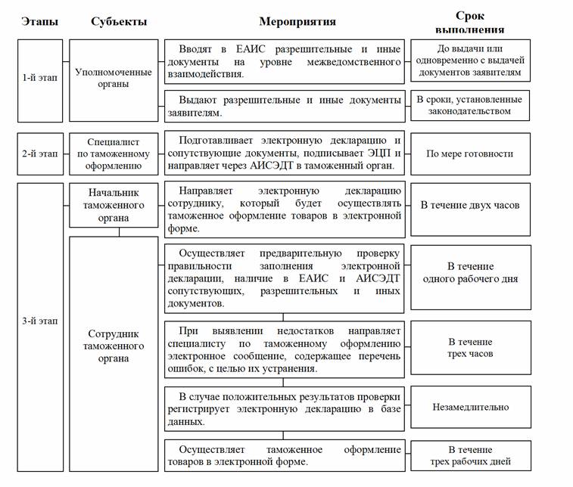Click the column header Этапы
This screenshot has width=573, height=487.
[40, 22]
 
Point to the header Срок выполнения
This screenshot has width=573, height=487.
[470, 22]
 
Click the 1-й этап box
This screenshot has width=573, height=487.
[40, 79]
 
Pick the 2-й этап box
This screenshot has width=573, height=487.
[40, 154]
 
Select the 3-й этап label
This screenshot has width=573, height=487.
[40, 321]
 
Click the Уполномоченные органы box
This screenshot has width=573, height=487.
[114, 79]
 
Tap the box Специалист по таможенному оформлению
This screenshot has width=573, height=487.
[114, 154]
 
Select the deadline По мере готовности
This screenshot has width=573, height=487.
[470, 154]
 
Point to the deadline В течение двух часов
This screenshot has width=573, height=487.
[470, 205]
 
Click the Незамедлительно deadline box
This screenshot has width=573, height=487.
[470, 407]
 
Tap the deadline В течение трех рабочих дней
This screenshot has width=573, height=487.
[470, 456]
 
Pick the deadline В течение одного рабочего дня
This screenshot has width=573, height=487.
[470, 273]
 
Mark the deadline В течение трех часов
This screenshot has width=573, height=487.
[470, 348]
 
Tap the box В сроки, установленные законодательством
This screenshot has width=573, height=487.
[470, 104]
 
